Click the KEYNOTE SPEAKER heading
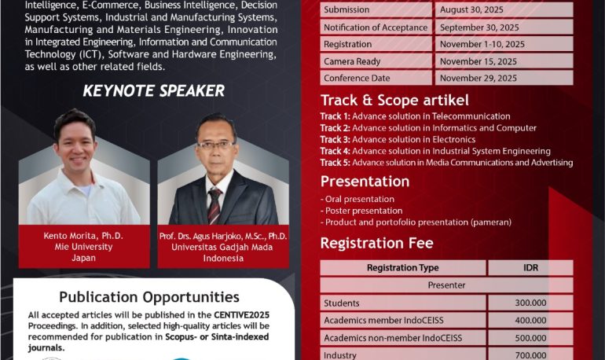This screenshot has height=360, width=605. pos(153,90)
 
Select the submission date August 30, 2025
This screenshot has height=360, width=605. pos(471,9)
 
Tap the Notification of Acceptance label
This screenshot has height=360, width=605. pos(376,28)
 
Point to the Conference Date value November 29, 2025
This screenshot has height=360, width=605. pos(478,78)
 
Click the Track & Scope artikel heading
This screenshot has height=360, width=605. pos(394,101)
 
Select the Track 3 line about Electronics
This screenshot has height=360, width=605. pos(398,139)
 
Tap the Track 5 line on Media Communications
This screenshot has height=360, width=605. pos(446,163)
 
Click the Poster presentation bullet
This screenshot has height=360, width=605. pos(361,211)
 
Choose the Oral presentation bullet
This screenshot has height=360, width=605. pos(357,199)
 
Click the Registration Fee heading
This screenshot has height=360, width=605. pos(376,243)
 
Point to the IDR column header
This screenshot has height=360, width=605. pos(530,267)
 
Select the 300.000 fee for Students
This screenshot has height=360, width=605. pos(530,303)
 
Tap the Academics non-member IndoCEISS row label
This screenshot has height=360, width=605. pos(393,338)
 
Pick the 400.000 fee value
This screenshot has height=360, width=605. pos(530,320)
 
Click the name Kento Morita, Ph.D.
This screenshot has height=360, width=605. pos(83,236)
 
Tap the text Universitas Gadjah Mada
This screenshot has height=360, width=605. pos(222,247)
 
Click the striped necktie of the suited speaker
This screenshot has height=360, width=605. pos(214,206)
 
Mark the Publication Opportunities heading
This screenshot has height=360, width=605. pos(149,297)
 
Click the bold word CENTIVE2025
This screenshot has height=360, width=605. pos(241,315)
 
